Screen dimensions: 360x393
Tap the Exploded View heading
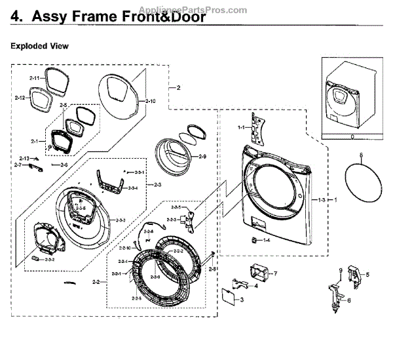[x=39, y=47]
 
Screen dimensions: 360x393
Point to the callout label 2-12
[x=19, y=98]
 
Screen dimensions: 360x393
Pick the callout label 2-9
[x=201, y=157]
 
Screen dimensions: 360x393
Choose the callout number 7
[x=276, y=272]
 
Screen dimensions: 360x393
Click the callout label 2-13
[x=24, y=159]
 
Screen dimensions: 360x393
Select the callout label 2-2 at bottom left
[x=96, y=282]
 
